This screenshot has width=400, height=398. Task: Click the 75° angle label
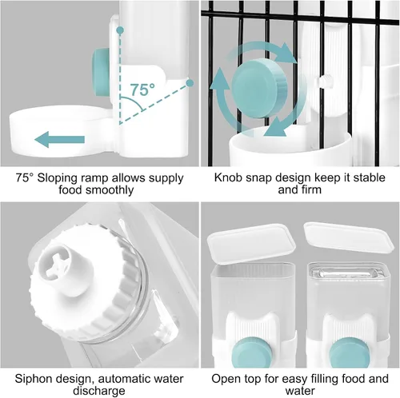(x=142, y=90)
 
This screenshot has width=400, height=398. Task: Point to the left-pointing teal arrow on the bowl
(x=60, y=139)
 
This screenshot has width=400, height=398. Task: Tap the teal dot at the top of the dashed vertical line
(x=121, y=30)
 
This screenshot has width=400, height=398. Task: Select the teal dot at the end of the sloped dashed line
(x=190, y=83)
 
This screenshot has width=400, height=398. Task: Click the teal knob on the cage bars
(x=258, y=89)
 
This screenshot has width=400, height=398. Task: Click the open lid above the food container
(x=251, y=244)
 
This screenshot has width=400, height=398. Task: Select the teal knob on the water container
(x=348, y=352)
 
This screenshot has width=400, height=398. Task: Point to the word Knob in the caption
(x=228, y=177)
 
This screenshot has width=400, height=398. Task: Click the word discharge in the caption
(x=99, y=392)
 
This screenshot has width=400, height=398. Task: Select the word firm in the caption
(x=311, y=189)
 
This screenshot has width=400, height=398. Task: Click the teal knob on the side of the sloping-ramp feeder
(x=100, y=73)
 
